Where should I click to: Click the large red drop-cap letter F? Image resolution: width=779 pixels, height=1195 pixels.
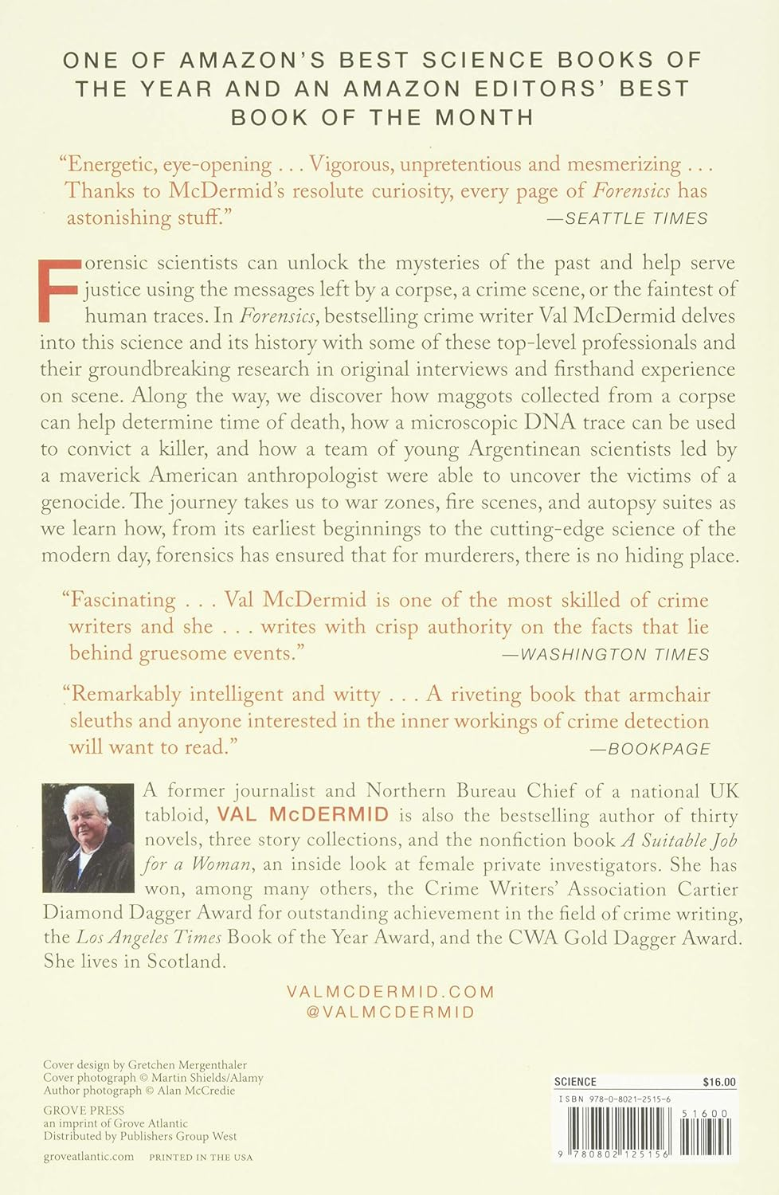click(60, 288)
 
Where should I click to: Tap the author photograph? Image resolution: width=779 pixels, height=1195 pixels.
click(88, 836)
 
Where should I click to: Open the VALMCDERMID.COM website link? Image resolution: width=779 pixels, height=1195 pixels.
click(389, 992)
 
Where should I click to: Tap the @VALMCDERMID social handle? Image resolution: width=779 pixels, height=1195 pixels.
click(389, 1013)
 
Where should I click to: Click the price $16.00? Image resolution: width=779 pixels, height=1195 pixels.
click(719, 1082)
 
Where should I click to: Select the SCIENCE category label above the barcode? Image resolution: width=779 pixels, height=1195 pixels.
click(575, 1082)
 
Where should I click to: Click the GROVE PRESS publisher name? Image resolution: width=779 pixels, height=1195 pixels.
click(84, 1110)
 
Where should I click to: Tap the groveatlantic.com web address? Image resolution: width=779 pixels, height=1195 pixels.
click(88, 1157)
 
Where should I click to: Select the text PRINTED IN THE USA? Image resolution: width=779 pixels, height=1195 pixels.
click(201, 1158)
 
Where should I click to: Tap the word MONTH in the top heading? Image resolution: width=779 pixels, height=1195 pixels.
click(484, 118)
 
